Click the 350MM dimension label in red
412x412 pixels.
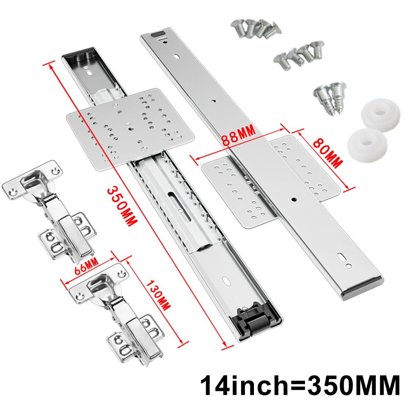pyautogui.click(x=121, y=205)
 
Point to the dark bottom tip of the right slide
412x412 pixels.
pyautogui.click(x=362, y=288)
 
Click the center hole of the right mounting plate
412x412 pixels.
pyautogui.click(x=294, y=200)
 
